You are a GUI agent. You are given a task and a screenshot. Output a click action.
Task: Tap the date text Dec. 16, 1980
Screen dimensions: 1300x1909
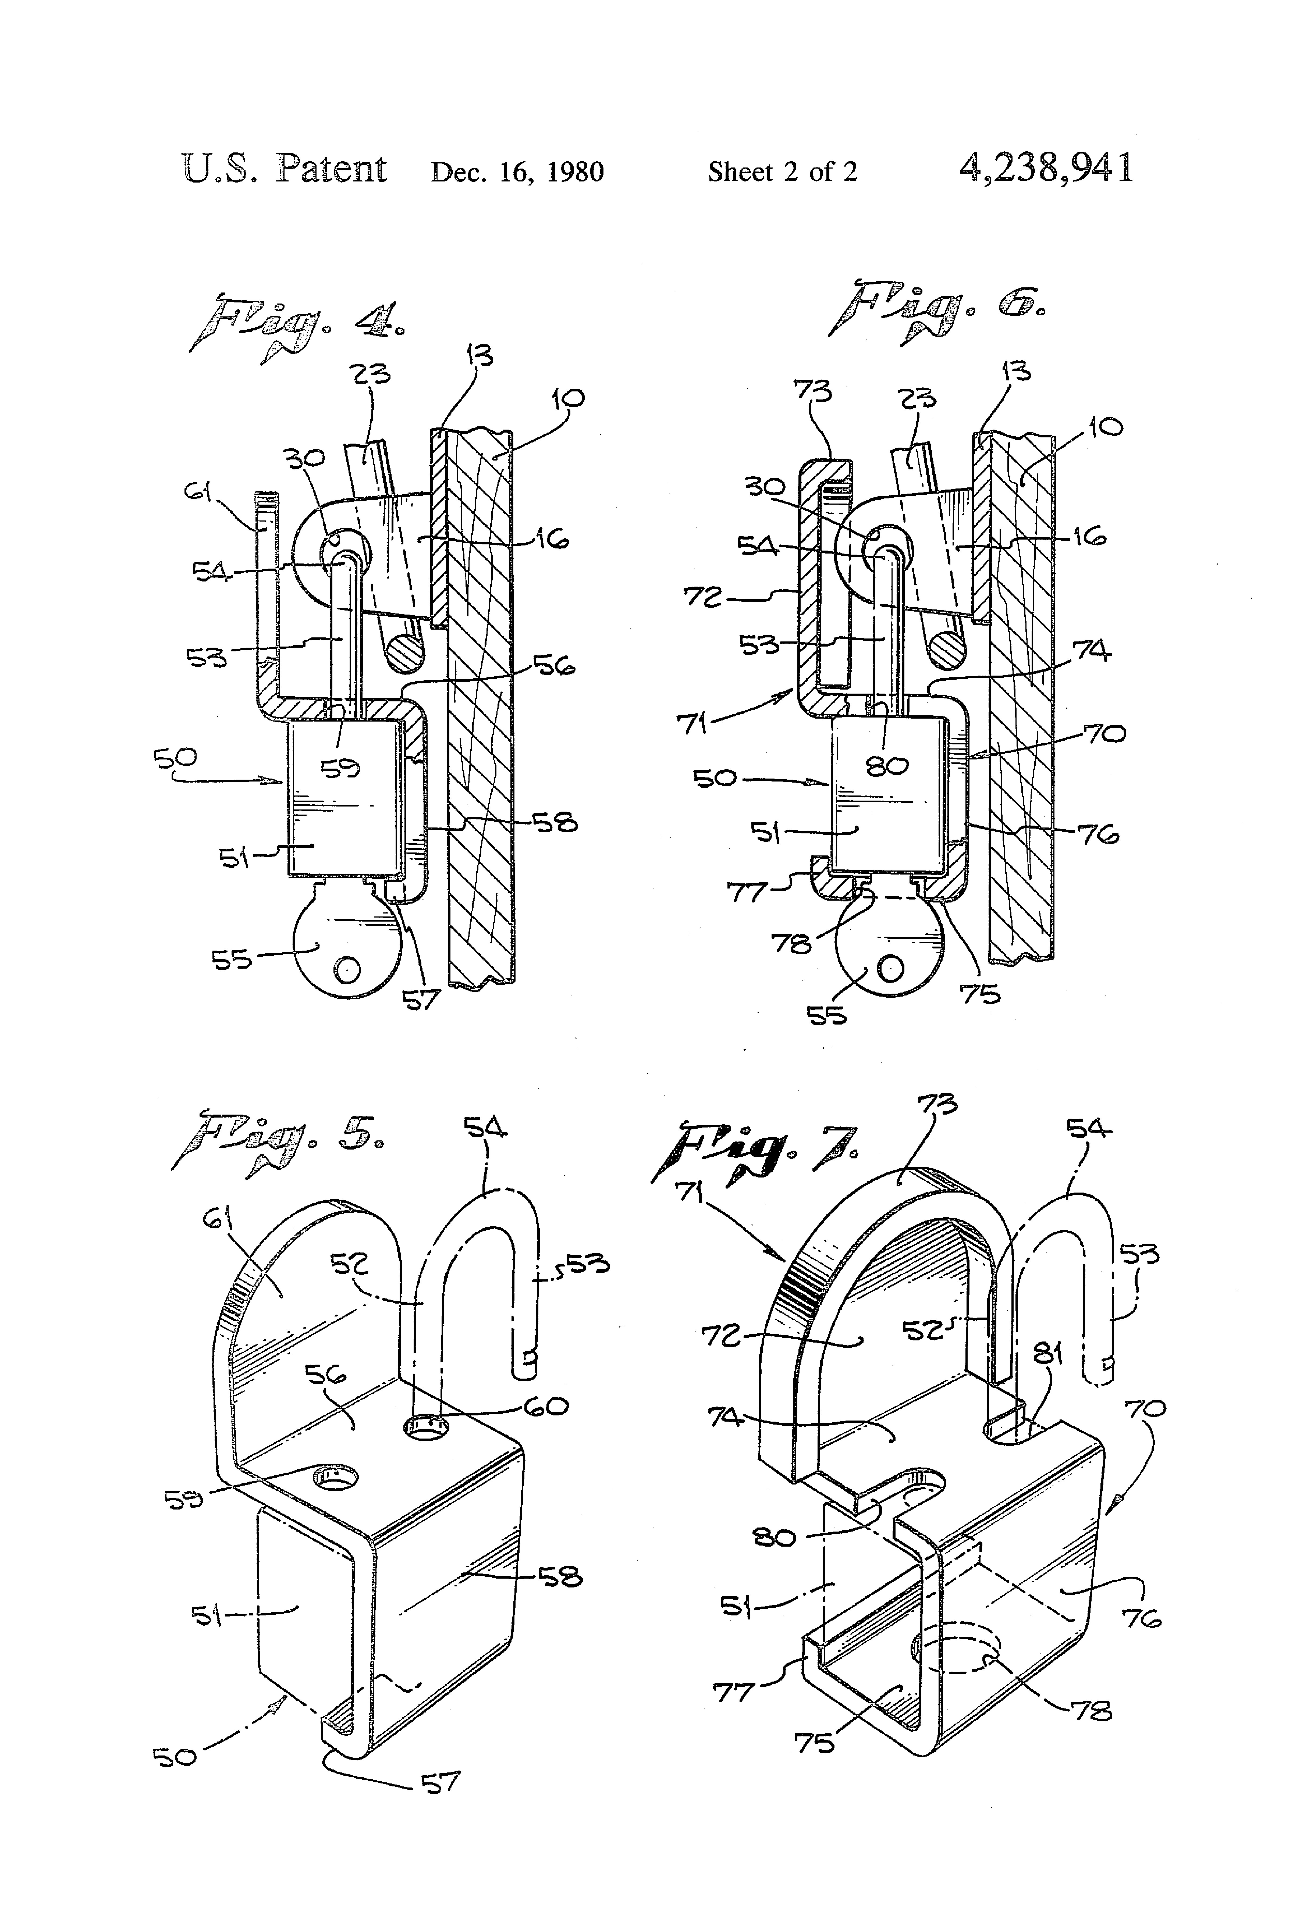tap(518, 172)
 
